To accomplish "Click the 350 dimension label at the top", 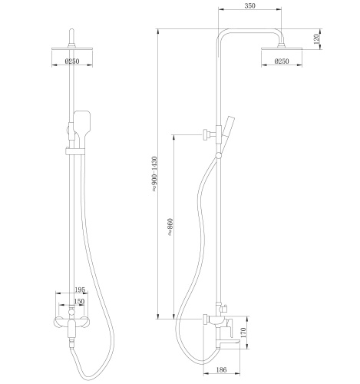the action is click(249, 5).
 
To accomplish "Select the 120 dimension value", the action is click(316, 38).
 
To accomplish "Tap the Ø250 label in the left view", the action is click(72, 61).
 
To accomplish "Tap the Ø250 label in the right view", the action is click(282, 61).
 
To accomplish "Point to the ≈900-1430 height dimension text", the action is click(154, 174).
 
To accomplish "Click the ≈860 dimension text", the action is click(170, 227).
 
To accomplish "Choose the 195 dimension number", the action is click(80, 290).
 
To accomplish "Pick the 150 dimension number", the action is click(79, 301).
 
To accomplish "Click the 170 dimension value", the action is click(243, 333).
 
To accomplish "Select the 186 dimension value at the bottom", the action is click(221, 369).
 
